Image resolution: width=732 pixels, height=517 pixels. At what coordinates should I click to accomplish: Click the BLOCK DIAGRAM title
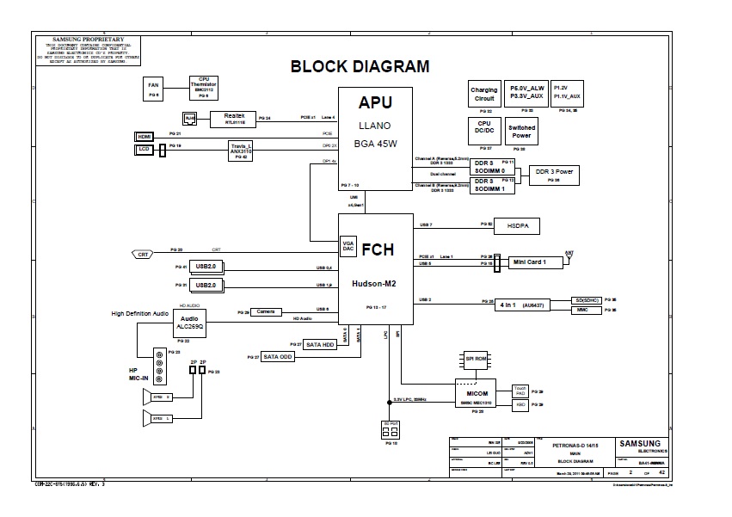360,66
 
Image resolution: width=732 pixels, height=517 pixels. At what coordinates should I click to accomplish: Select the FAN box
153,89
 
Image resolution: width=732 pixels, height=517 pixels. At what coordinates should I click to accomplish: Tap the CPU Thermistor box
204,88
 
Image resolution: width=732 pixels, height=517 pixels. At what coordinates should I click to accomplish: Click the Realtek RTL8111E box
235,118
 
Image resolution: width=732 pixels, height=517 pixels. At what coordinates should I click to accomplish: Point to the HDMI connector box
144,136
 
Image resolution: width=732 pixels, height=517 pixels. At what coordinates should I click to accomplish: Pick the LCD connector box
144,149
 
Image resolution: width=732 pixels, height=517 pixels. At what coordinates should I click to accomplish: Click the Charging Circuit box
484,95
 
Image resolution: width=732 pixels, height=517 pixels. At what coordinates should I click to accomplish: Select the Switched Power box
521,132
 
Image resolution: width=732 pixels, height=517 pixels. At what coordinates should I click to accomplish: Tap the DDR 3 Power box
554,174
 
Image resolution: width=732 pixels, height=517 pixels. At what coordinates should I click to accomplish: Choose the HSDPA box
516,225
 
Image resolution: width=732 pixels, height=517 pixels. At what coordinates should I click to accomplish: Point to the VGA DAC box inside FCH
349,248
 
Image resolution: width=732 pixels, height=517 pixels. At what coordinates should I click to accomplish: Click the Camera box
267,311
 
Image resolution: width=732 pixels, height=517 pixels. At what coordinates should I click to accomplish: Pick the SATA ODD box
278,356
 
